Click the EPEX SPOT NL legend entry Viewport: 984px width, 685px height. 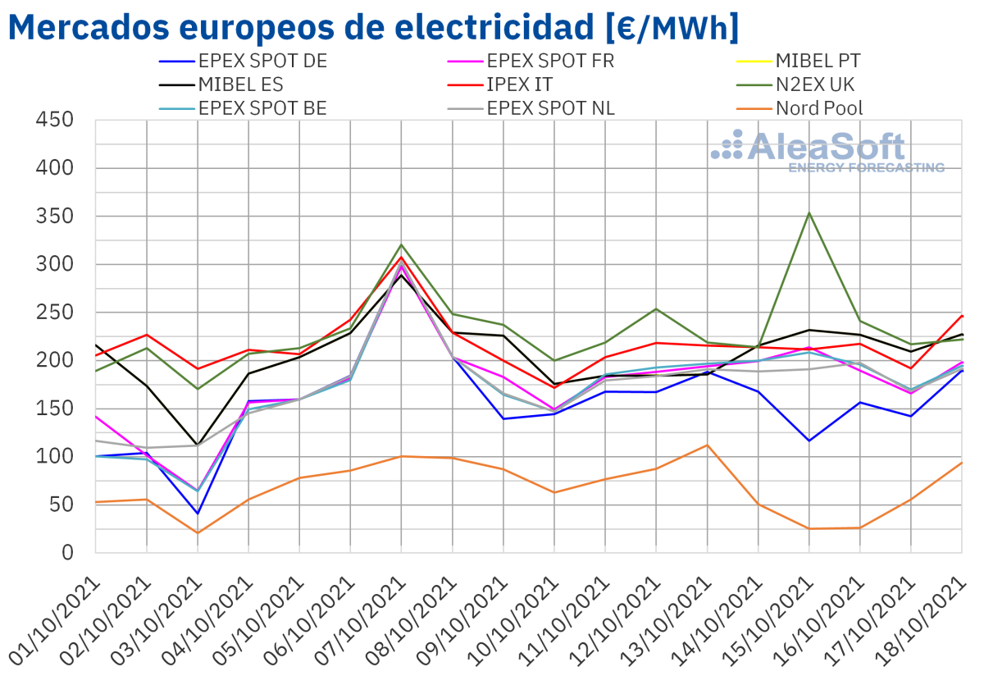tap(550, 108)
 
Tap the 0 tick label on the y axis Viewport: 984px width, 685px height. tap(68, 552)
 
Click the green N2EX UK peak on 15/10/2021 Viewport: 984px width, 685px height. tap(809, 213)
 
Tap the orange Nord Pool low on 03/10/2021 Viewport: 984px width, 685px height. tap(198, 532)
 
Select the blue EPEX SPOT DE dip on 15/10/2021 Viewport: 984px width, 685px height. tap(809, 441)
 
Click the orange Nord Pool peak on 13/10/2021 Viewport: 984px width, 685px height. tap(708, 445)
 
